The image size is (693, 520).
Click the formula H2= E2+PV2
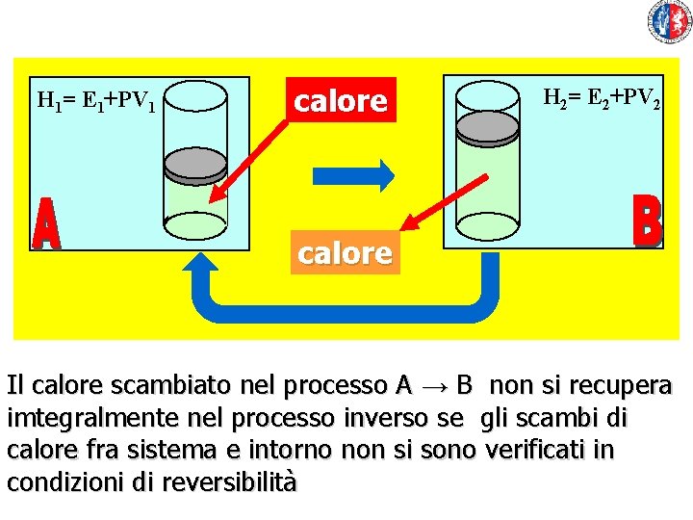click(602, 97)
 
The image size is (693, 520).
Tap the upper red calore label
click(341, 100)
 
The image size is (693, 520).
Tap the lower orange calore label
click(345, 253)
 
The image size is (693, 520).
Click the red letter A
click(46, 226)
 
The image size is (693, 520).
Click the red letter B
click(648, 221)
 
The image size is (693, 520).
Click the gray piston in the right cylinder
click(487, 126)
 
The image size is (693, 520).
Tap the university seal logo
click(670, 21)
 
